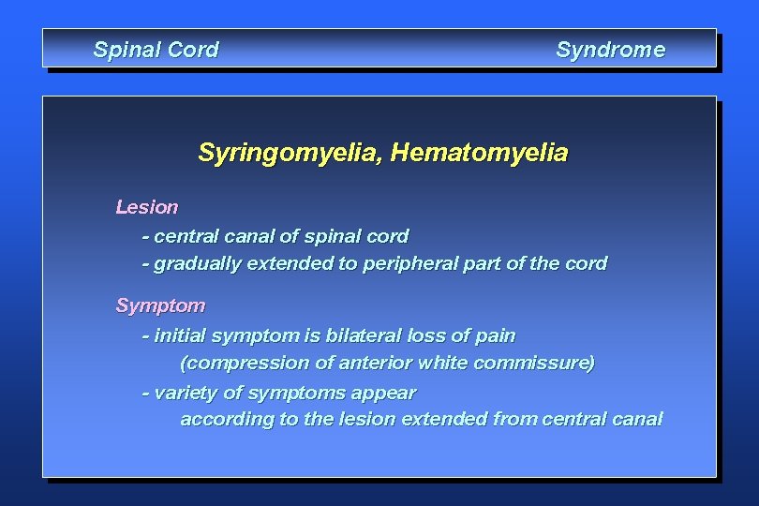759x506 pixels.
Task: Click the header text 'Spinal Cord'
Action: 156,50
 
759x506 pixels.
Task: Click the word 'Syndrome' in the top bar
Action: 610,50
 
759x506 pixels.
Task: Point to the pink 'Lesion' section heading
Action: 146,206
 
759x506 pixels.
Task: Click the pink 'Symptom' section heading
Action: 159,305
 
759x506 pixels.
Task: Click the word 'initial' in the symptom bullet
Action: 181,335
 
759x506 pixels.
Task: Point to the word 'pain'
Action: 495,335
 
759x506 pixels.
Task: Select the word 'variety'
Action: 185,393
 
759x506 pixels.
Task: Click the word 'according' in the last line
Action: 225,420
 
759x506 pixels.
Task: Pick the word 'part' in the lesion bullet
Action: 482,264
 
